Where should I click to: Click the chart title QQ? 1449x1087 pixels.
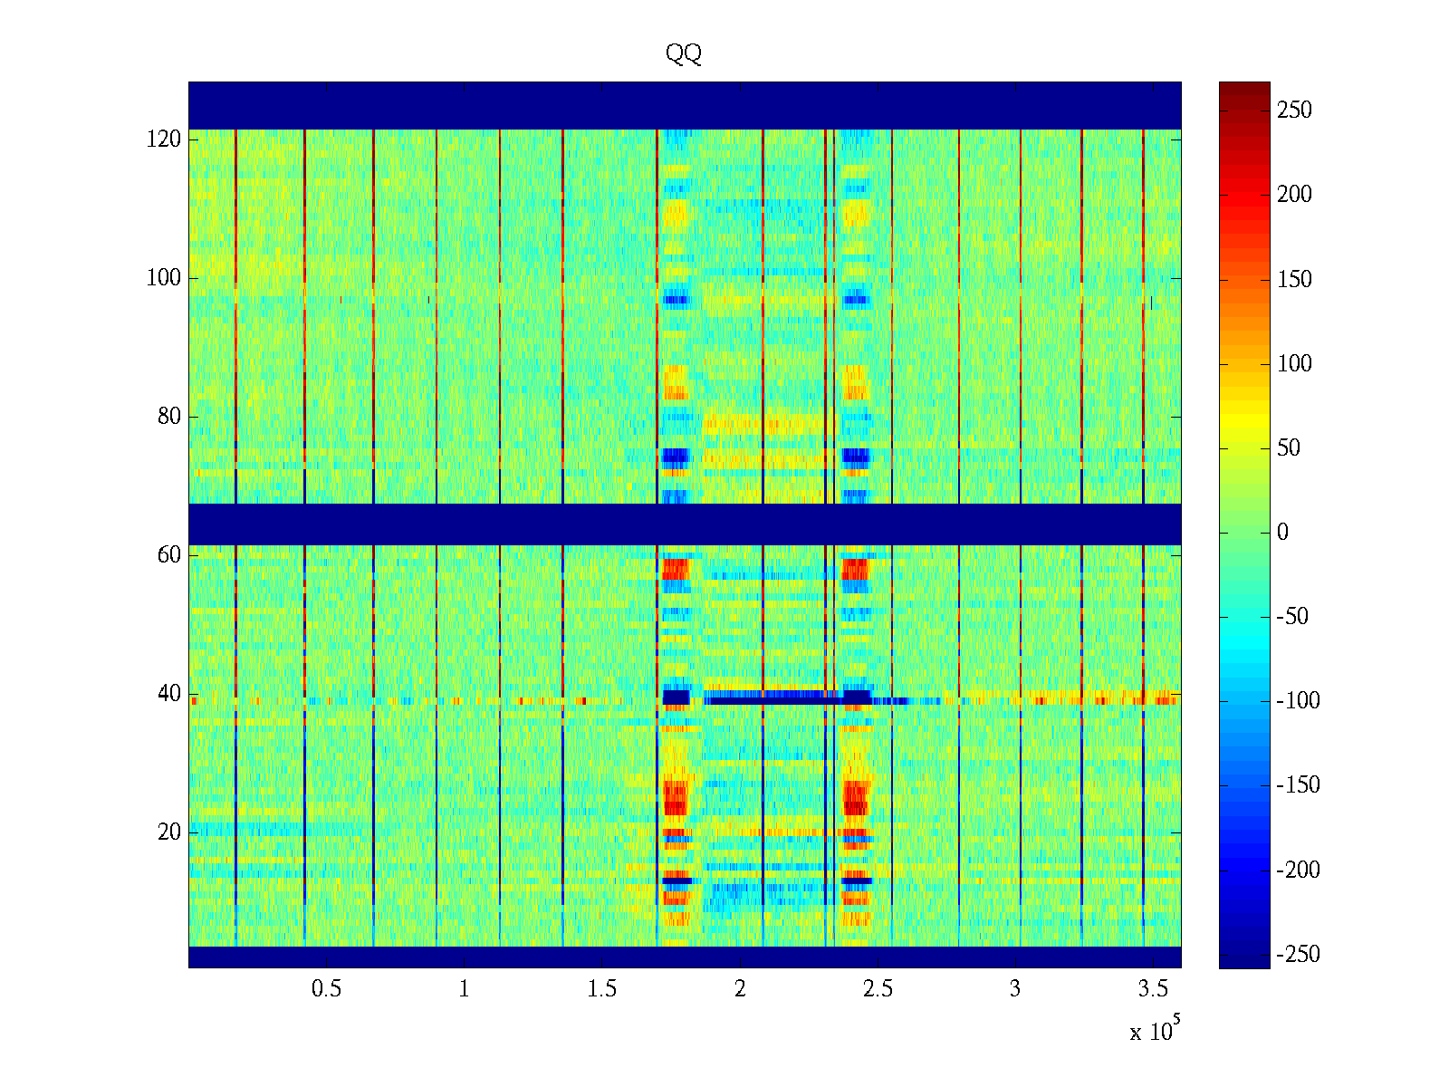coord(683,54)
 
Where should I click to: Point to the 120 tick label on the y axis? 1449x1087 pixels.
coord(164,139)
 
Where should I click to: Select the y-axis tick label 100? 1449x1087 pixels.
coord(164,278)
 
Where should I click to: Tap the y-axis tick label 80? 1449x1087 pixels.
coord(169,417)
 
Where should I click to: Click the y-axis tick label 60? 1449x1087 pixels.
coord(169,555)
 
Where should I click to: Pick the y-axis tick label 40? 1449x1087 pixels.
coord(169,694)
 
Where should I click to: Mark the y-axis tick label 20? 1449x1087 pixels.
coord(169,832)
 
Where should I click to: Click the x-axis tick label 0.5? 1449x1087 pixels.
coord(326,989)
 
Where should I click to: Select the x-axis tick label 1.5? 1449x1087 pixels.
coord(601,989)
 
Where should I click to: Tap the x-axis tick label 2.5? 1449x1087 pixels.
coord(877,989)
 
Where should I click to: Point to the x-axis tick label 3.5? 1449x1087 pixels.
coord(1152,989)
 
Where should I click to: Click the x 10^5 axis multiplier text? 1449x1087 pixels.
coord(1154,1031)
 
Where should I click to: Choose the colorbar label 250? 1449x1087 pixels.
coord(1294,111)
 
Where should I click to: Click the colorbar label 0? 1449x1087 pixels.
coord(1282,533)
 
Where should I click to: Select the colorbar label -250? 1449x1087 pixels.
coord(1298,955)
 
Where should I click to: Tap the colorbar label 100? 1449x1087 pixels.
coord(1294,364)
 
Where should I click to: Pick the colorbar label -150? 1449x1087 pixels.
coord(1298,785)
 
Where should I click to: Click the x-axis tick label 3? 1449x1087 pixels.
coord(1014,989)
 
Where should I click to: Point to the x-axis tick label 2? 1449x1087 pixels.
coord(739,989)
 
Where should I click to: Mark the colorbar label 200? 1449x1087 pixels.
coord(1294,195)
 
